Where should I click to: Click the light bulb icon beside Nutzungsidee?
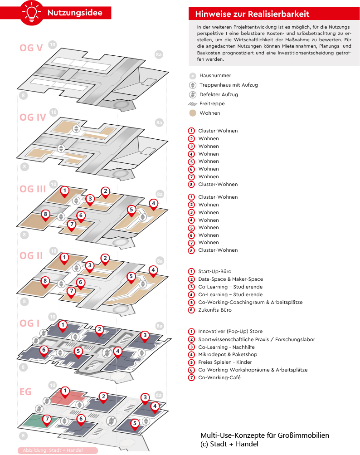(x=32, y=13)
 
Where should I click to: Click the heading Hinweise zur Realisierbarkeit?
(x=252, y=14)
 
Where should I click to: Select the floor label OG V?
(x=31, y=48)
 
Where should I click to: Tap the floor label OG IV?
(x=33, y=117)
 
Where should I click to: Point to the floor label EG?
(x=25, y=392)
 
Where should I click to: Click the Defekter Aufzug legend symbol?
(x=193, y=94)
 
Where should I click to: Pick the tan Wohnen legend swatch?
(x=193, y=113)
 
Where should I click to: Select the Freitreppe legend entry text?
(x=212, y=103)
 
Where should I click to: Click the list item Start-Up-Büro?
(x=214, y=271)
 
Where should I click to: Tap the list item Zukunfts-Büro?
(x=215, y=310)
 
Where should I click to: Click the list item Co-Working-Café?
(x=219, y=377)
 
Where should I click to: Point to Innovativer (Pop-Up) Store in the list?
(x=230, y=332)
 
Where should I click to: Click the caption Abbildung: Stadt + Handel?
(x=53, y=450)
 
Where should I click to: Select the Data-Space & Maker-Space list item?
(x=231, y=279)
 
